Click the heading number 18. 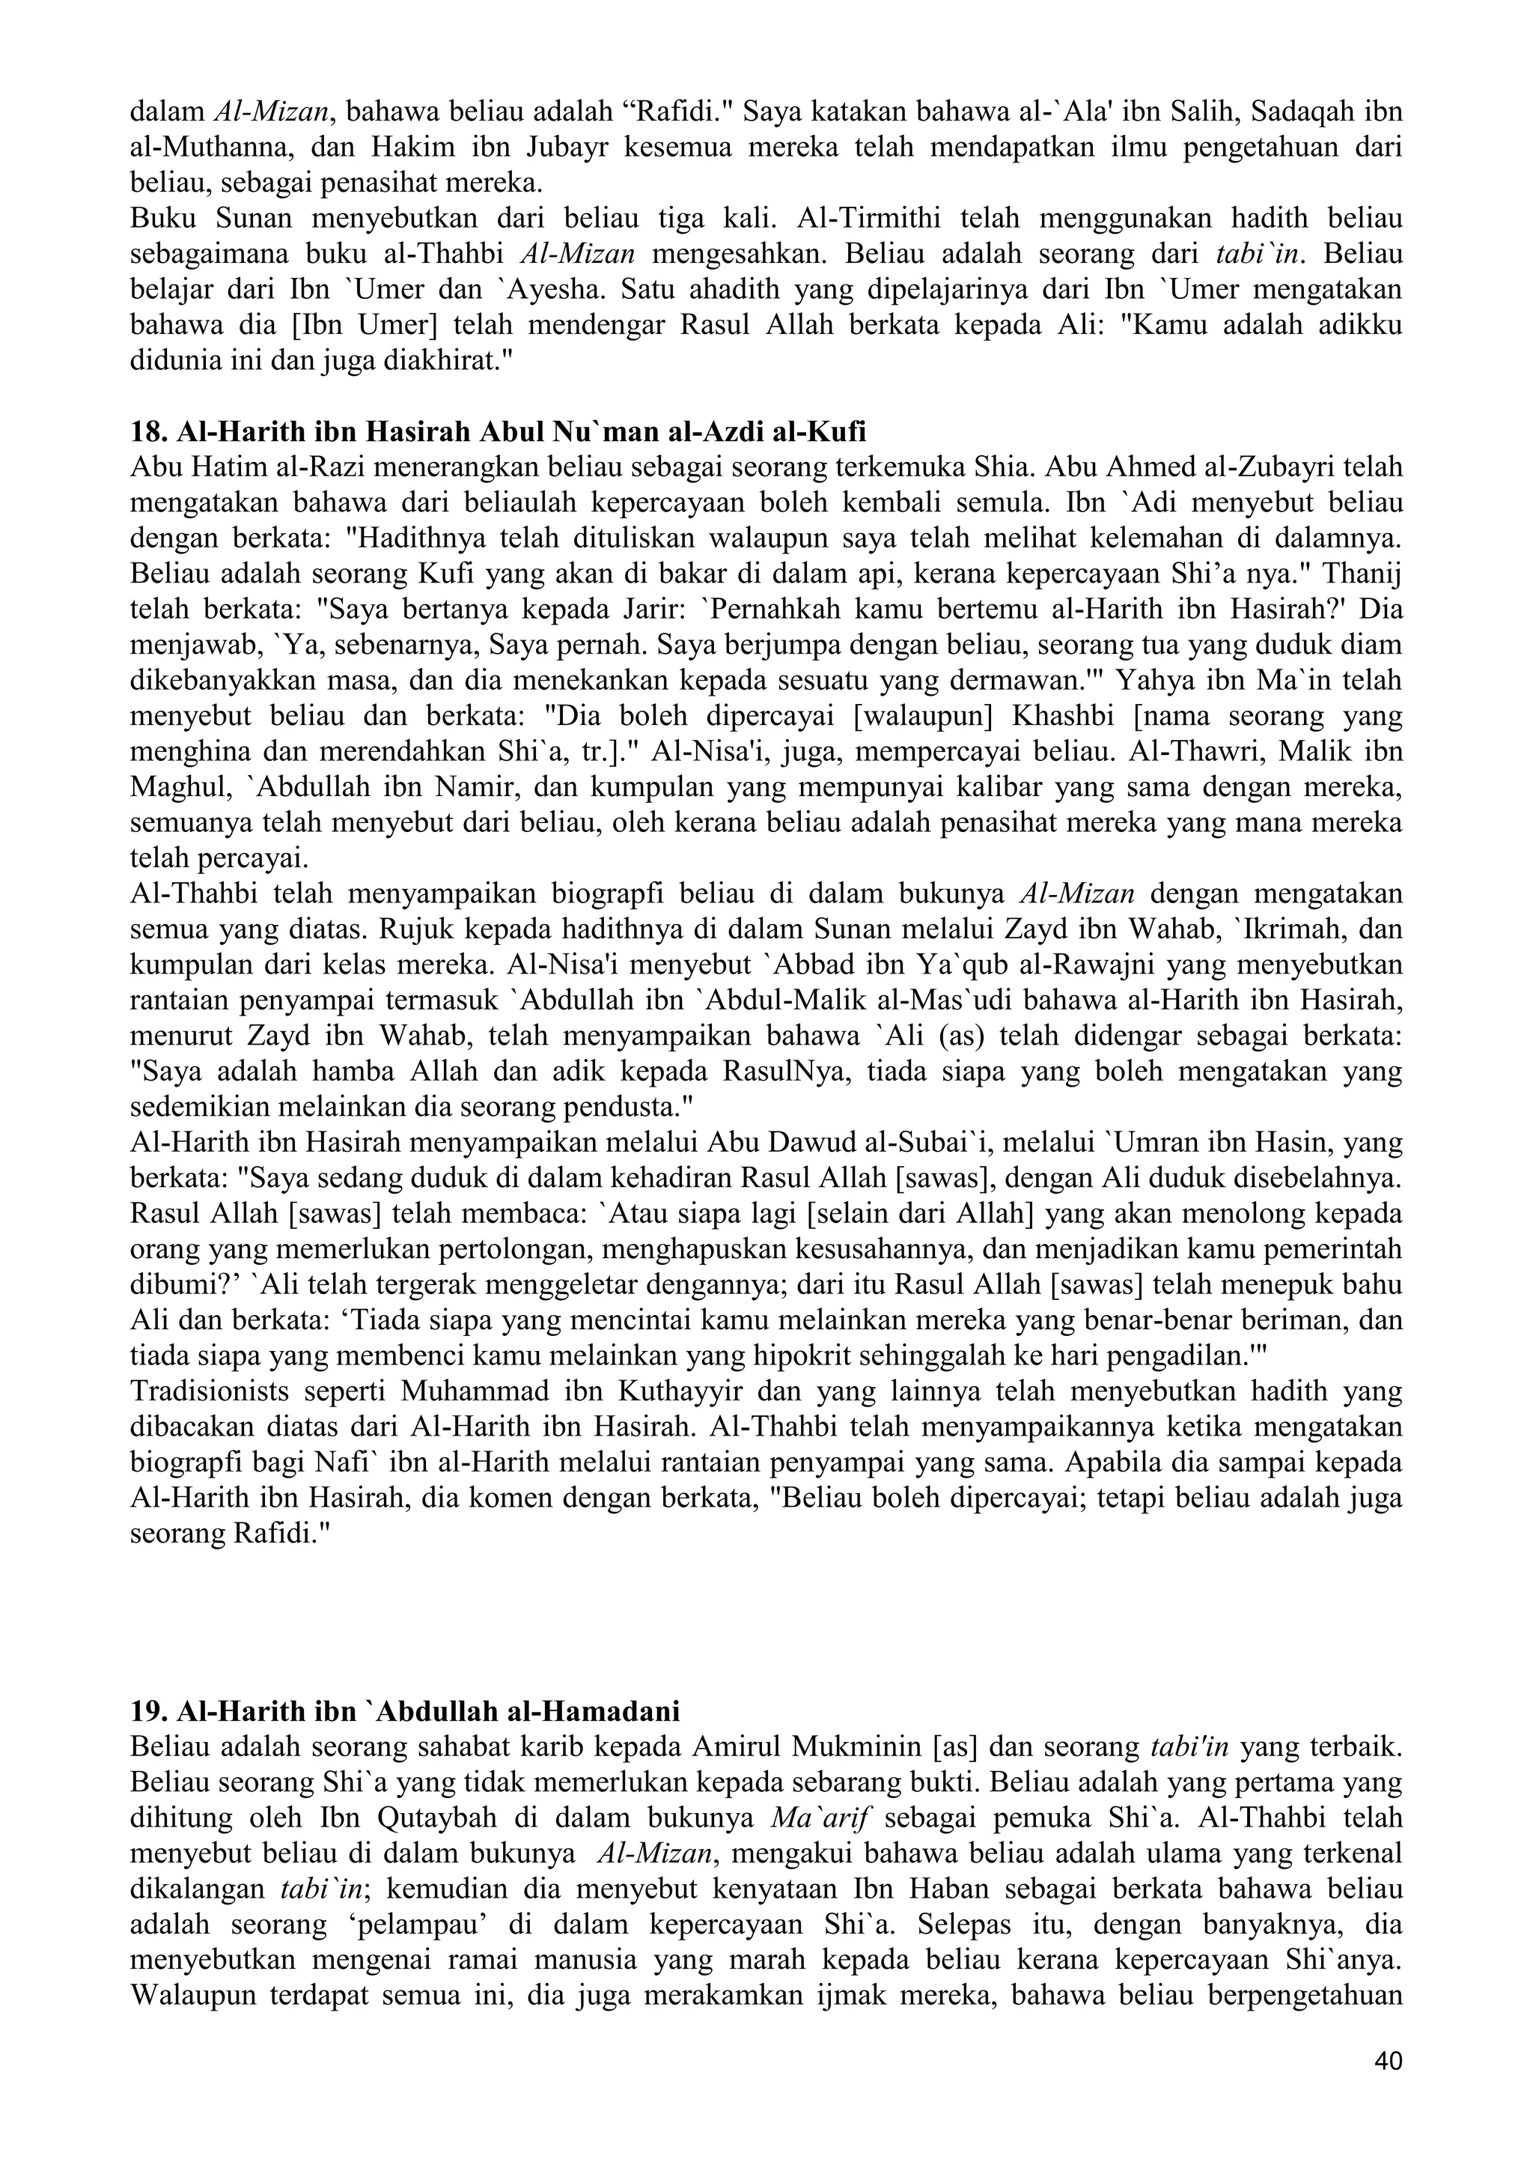(146, 431)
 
